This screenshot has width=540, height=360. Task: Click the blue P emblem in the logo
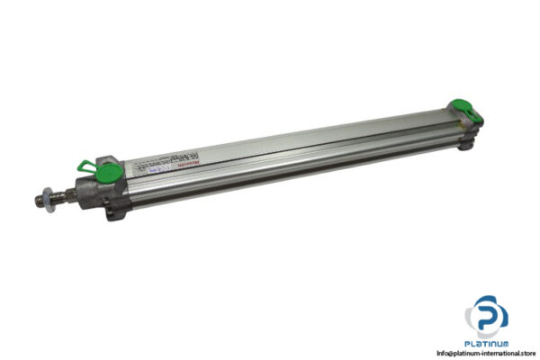tap(490, 316)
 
